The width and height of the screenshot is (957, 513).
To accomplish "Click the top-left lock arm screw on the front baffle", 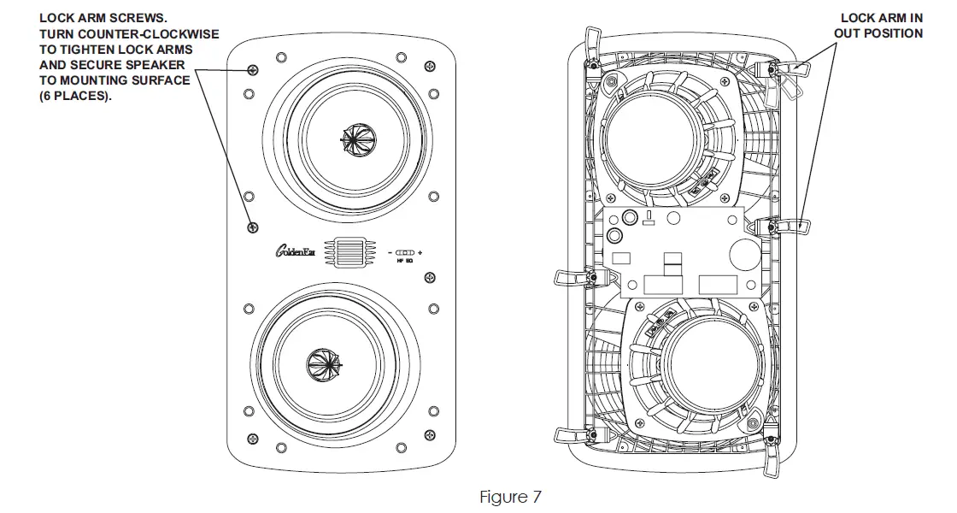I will pyautogui.click(x=252, y=68).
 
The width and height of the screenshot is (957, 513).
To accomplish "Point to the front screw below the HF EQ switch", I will pyautogui.click(x=430, y=277).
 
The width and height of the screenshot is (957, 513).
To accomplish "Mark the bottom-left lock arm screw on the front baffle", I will pyautogui.click(x=252, y=439).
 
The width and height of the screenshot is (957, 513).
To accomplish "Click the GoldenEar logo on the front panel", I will pyautogui.click(x=296, y=253).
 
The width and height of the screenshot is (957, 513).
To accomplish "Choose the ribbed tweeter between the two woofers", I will pyautogui.click(x=346, y=253).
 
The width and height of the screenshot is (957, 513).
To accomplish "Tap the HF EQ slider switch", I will pyautogui.click(x=406, y=253).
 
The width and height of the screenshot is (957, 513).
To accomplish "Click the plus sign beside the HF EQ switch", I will pyautogui.click(x=420, y=253).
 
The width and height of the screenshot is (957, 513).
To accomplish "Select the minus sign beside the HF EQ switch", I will pyautogui.click(x=390, y=253).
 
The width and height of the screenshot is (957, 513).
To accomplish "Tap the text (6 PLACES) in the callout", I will pyautogui.click(x=76, y=96).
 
